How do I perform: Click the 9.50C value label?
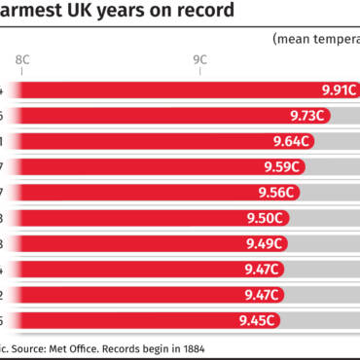[267, 218]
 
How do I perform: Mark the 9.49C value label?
[264, 243]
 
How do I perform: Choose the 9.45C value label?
[258, 319]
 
